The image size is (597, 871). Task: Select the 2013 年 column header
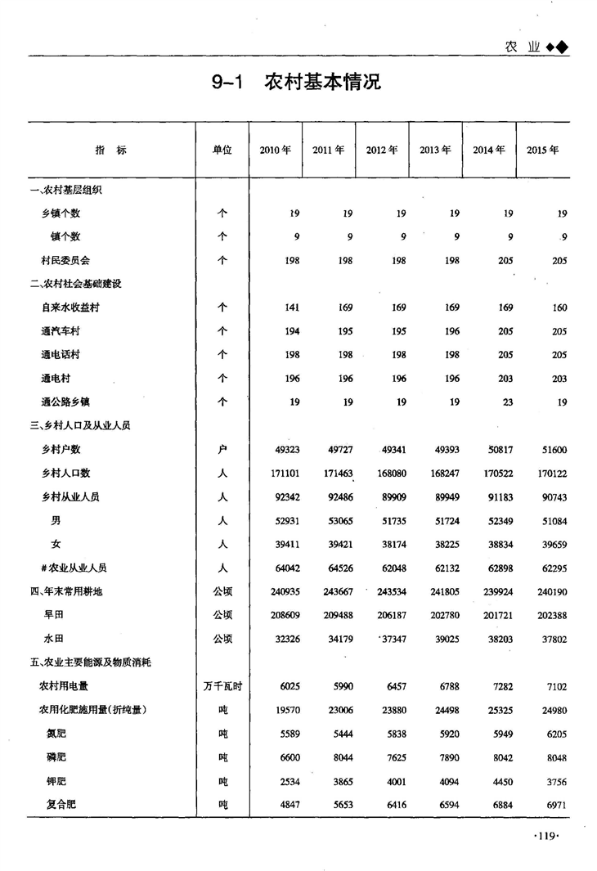point(435,150)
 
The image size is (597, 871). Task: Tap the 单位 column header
point(222,150)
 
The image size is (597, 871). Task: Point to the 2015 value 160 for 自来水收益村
point(559,308)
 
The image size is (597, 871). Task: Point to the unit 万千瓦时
point(222,686)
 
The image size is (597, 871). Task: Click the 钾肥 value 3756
point(554,781)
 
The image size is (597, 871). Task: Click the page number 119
point(545,835)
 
